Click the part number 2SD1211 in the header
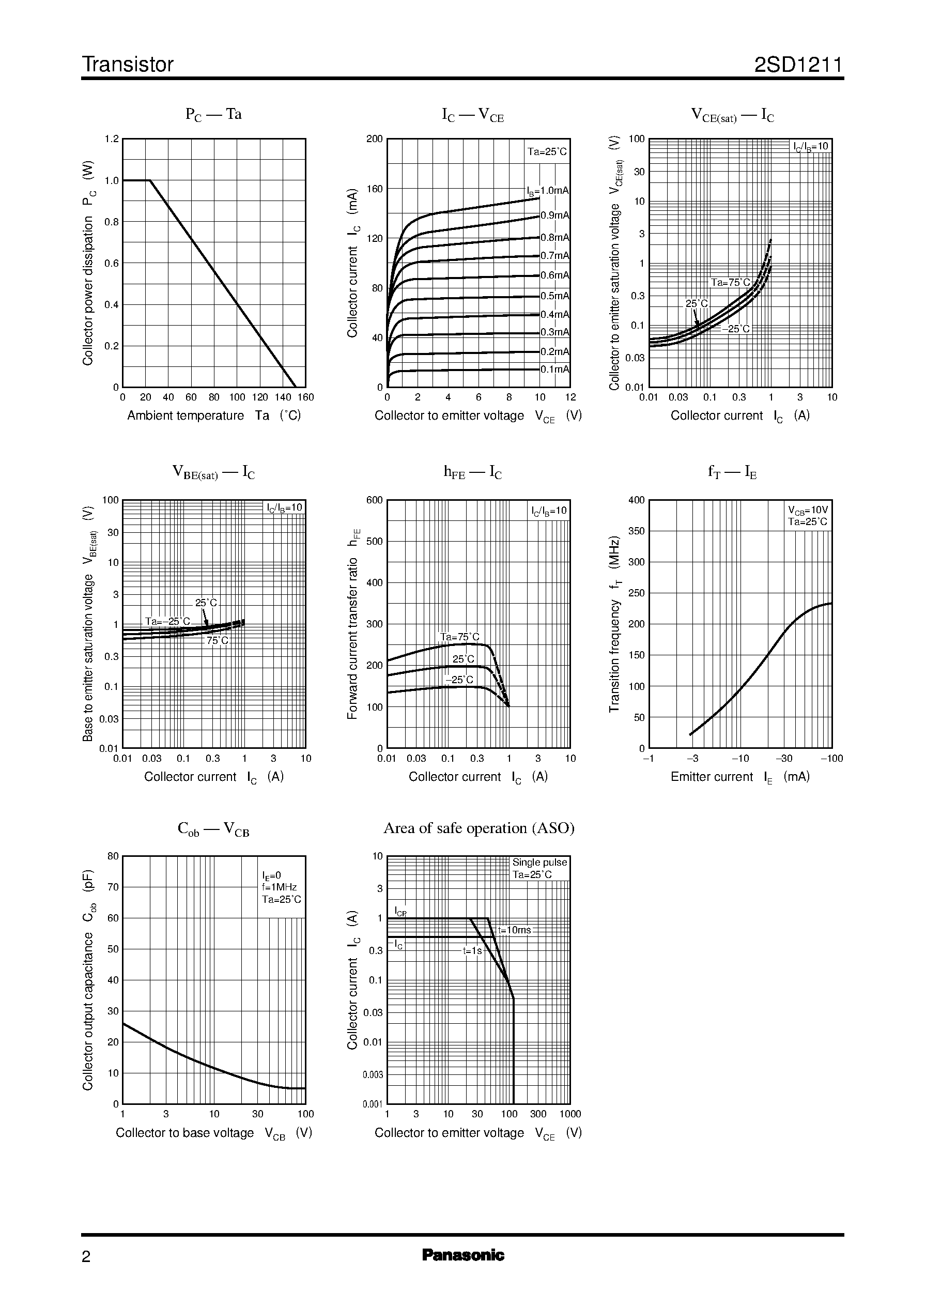[798, 65]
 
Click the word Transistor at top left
[128, 65]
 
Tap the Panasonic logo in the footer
[462, 1255]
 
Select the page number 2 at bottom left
[86, 1257]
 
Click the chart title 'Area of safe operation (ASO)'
[479, 828]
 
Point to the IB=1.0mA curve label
[547, 191]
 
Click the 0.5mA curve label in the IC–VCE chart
[555, 296]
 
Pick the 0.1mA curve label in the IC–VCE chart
[555, 370]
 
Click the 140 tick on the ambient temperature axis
[283, 397]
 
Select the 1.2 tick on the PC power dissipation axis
[112, 139]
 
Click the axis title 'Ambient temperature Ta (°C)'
[214, 416]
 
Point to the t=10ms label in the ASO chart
[514, 930]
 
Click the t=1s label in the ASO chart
[472, 950]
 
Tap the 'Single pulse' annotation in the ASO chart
[539, 863]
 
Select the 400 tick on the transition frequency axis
[636, 500]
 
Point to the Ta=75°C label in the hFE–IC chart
[459, 637]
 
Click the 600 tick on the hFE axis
[375, 500]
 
